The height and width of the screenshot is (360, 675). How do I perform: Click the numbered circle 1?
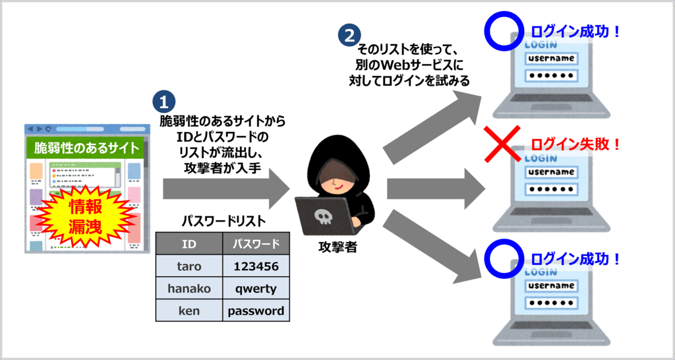164,102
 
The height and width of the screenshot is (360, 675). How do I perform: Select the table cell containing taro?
189,266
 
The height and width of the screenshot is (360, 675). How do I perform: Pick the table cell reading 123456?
256,266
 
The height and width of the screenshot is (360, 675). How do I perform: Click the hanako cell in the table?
189,288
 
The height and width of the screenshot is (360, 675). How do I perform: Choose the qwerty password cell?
256,288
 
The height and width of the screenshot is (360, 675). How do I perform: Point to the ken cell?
189,311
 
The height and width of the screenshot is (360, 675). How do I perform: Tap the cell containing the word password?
256,311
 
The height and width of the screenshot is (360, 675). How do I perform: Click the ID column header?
189,244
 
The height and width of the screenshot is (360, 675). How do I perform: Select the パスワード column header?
256,244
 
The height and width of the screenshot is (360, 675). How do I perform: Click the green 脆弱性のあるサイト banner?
86,147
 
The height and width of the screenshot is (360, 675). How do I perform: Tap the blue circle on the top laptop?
503,31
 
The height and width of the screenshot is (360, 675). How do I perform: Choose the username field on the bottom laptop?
551,286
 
